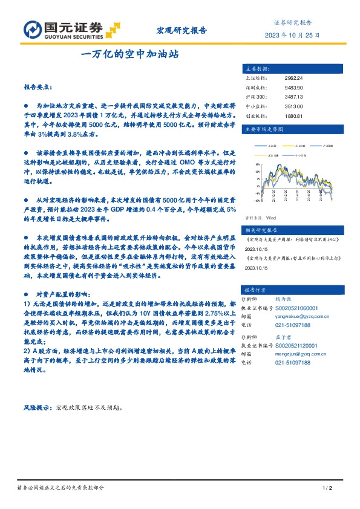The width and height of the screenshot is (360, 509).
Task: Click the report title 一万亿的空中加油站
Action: [130, 54]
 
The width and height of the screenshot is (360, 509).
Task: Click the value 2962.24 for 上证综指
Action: [293, 78]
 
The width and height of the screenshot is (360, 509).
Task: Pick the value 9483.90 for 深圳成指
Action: [293, 88]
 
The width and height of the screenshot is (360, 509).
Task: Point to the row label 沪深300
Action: [254, 97]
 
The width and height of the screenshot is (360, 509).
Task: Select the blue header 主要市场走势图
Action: [262, 129]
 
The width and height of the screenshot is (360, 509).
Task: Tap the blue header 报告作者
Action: [257, 290]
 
